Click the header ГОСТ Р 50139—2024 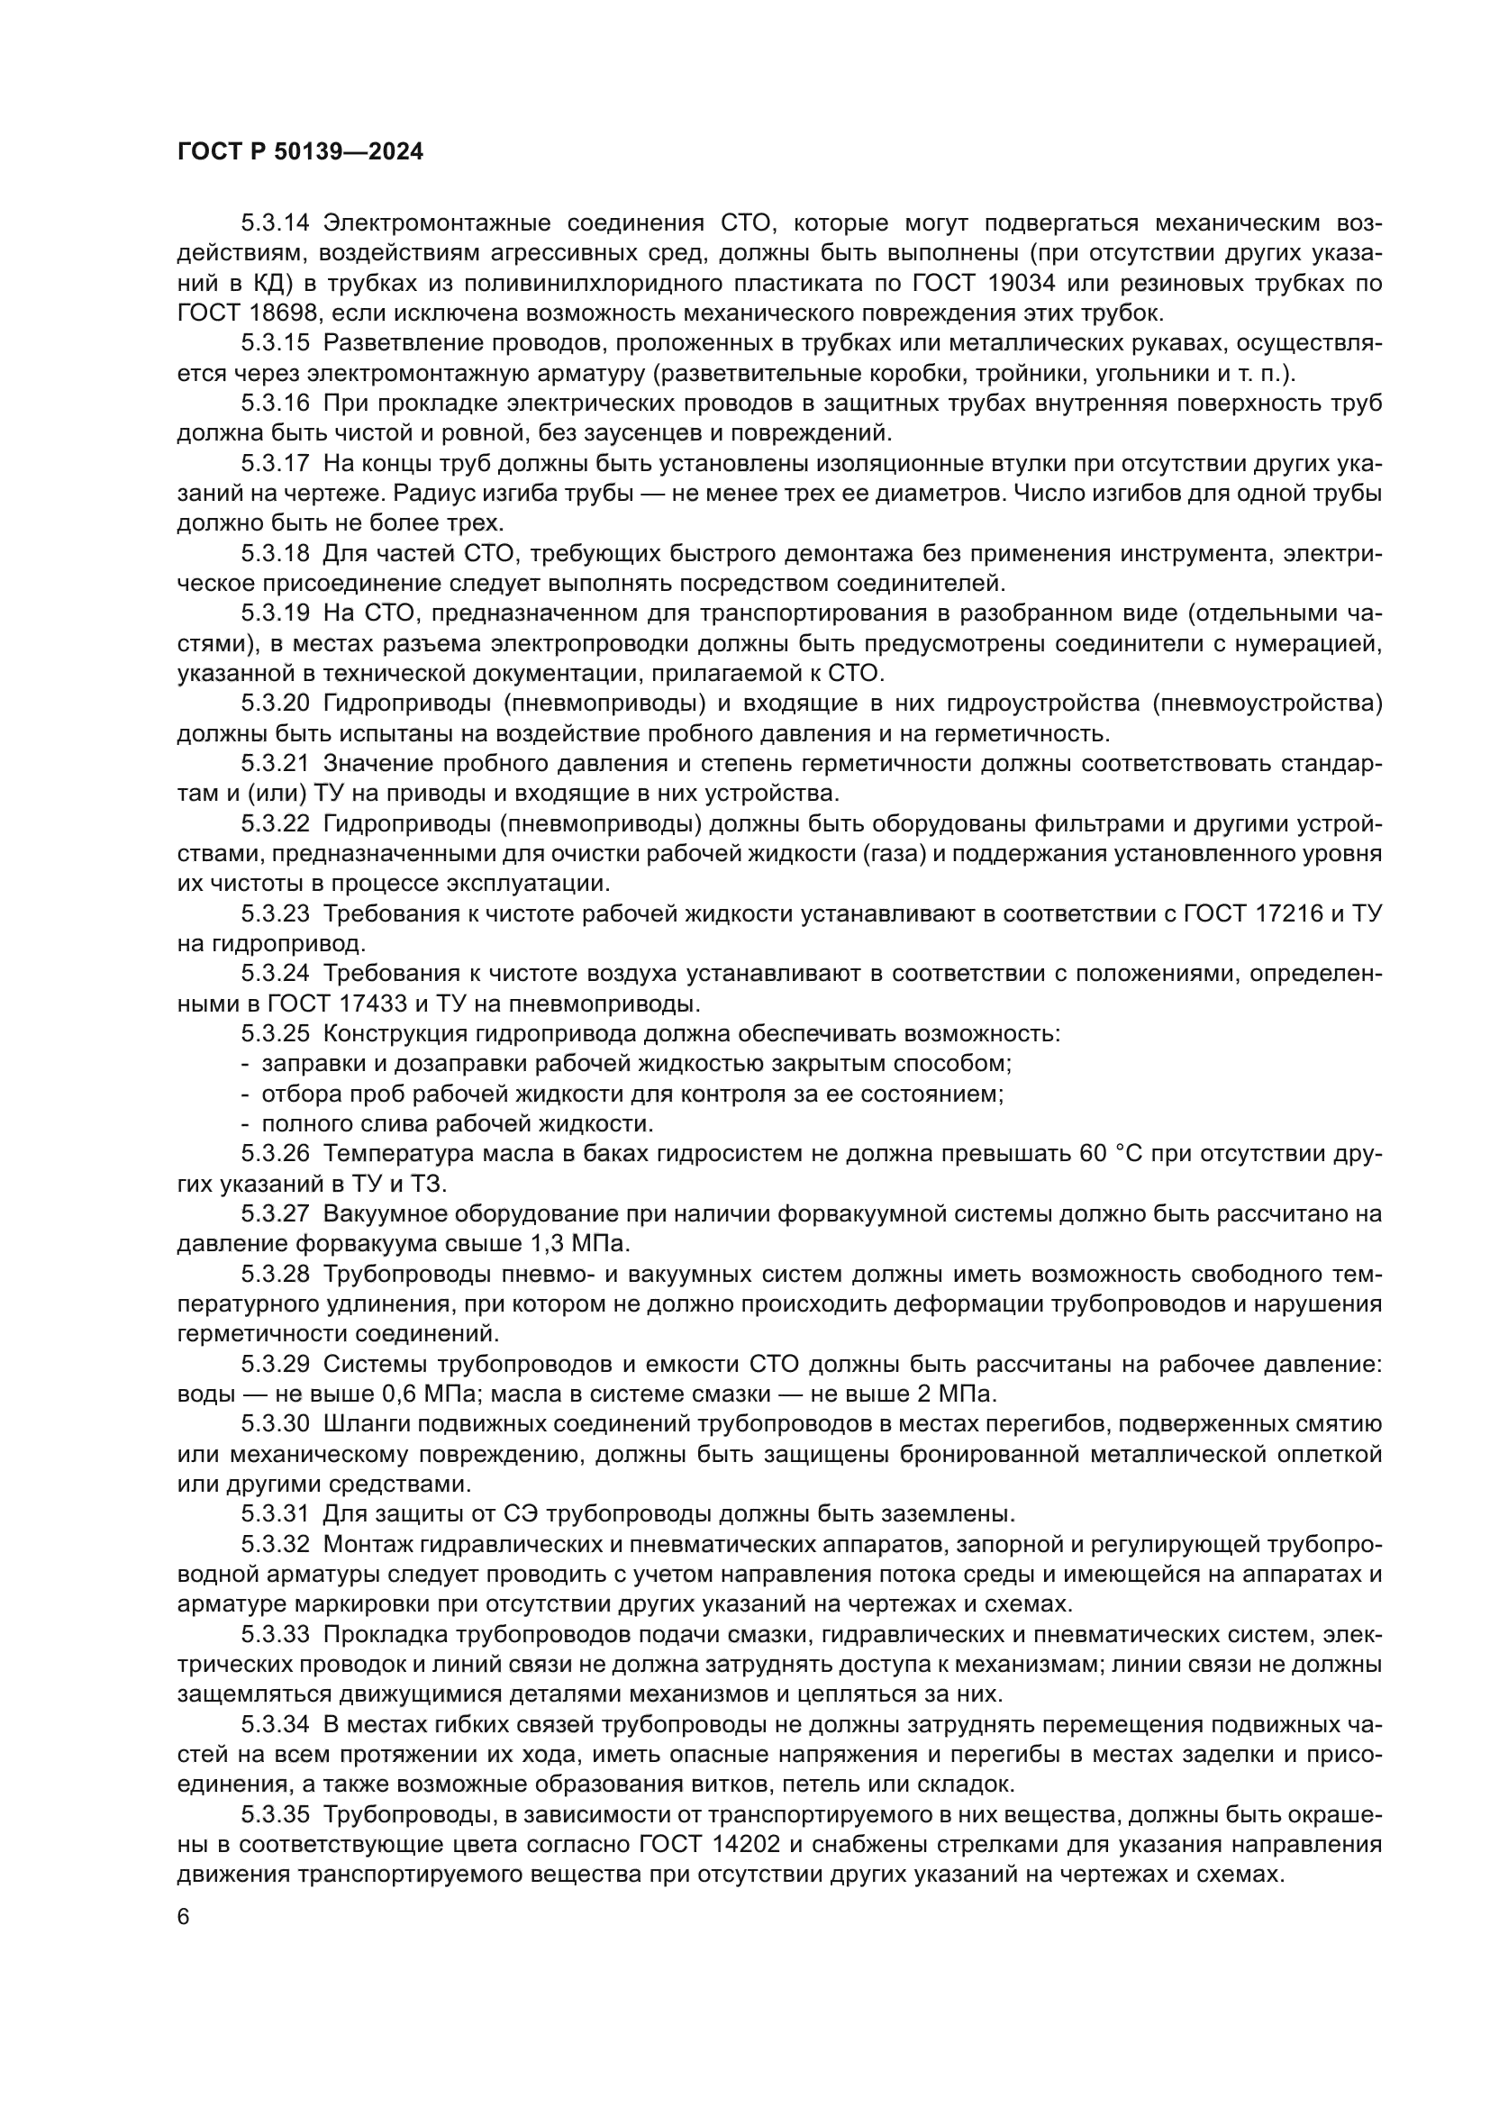(300, 152)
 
